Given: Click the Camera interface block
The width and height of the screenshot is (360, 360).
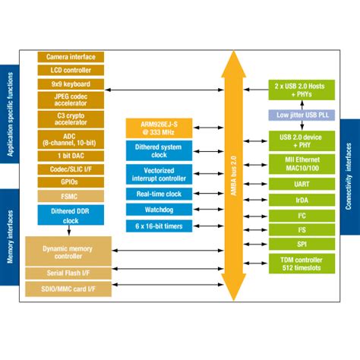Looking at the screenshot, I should coord(71,57).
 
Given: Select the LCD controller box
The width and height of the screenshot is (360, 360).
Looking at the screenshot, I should coord(71,70).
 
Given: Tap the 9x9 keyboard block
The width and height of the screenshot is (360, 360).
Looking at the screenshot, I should coord(71,84).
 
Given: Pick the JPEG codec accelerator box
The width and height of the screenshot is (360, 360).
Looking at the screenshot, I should coord(71,100).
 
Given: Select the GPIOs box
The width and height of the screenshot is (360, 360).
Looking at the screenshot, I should coord(71,183).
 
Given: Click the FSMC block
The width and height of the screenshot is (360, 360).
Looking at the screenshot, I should coord(71,196).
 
